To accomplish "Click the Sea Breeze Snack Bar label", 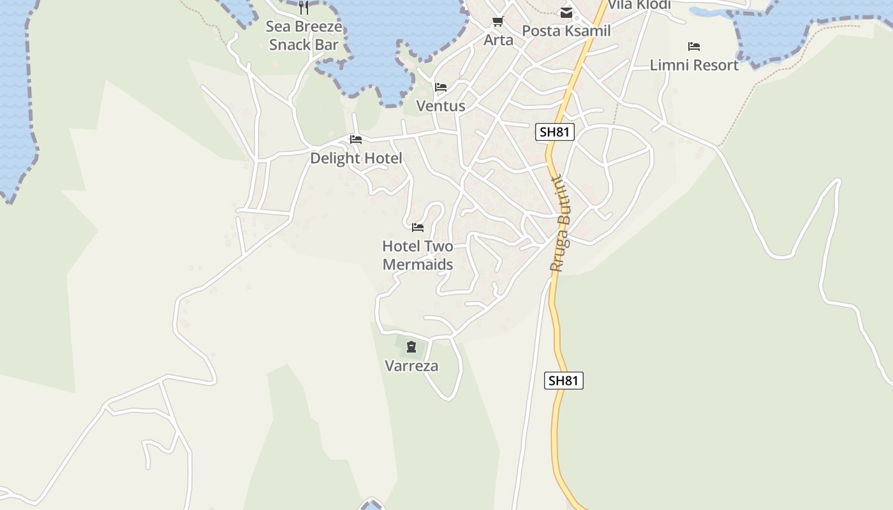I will (x=304, y=36).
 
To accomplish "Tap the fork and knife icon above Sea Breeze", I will (x=304, y=8).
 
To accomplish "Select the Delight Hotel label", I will (x=356, y=158).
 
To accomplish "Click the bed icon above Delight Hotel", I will (x=356, y=140).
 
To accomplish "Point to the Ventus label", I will (x=441, y=106).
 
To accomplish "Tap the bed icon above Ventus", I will (x=441, y=87).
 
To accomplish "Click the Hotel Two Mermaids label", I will (x=418, y=255).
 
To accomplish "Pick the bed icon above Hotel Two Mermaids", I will (x=418, y=227).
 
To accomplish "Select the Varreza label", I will (x=411, y=366).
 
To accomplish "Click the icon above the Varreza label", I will (x=411, y=347).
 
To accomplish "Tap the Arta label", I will (x=498, y=40).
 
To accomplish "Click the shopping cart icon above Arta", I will (x=498, y=22).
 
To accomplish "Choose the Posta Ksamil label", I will (x=566, y=31).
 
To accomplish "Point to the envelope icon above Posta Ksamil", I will (x=566, y=12).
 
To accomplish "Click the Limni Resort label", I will (x=694, y=65).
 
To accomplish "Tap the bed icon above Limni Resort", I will (x=694, y=47).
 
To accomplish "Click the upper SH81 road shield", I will (x=555, y=132).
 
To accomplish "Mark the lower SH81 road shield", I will (x=564, y=381).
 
